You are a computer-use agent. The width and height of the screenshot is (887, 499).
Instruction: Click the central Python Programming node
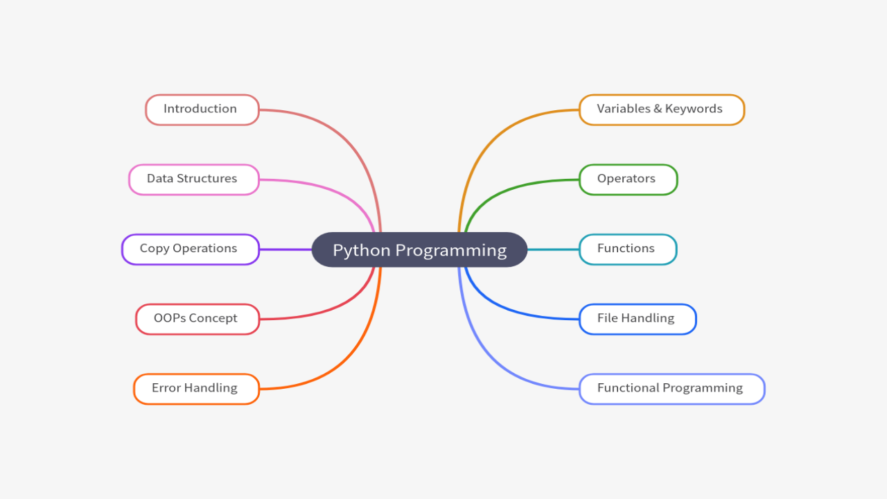click(419, 249)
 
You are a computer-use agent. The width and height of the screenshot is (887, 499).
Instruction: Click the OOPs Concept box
click(197, 319)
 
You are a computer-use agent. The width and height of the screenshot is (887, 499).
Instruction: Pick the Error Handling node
click(196, 389)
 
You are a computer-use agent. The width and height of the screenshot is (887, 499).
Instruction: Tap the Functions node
click(627, 249)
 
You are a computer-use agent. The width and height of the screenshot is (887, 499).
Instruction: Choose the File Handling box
click(637, 319)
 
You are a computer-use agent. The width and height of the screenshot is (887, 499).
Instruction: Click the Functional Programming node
click(671, 389)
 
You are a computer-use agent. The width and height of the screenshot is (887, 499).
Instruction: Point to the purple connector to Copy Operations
click(285, 249)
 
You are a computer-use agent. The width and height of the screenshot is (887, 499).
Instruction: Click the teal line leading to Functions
click(553, 249)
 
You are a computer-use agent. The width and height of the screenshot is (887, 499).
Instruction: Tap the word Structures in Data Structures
click(207, 179)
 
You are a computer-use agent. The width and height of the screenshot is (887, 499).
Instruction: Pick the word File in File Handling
click(607, 318)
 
